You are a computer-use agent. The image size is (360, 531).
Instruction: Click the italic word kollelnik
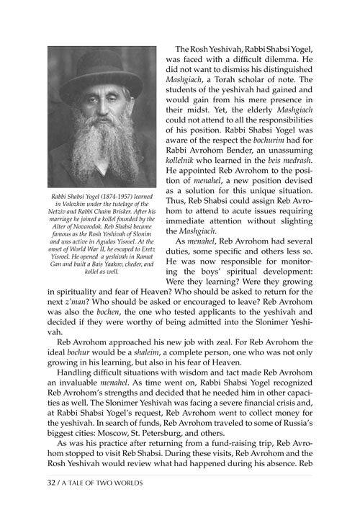pyautogui.click(x=186, y=164)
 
